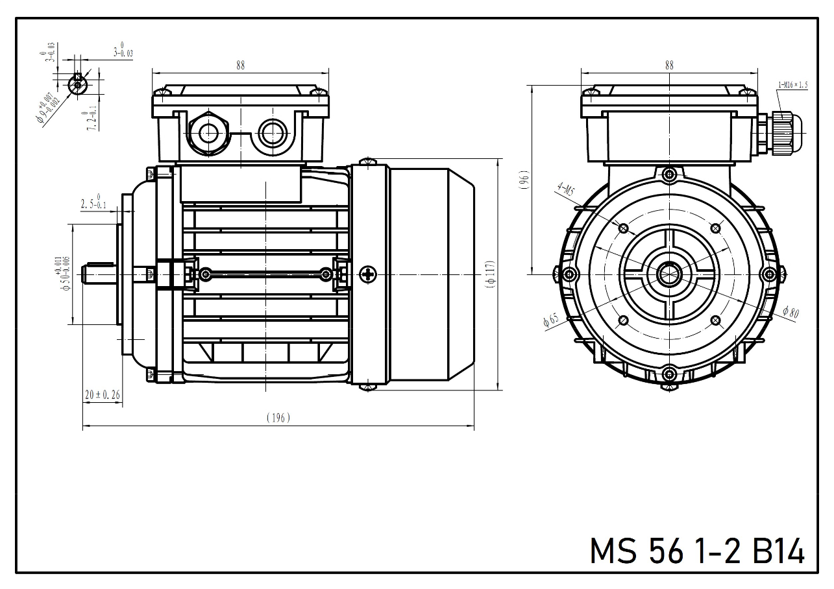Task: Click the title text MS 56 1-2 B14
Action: (696, 551)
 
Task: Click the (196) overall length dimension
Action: (278, 418)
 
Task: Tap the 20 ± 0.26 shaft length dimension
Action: (103, 394)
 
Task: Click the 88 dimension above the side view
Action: (241, 66)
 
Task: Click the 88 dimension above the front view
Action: (669, 66)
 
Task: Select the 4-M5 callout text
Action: (565, 191)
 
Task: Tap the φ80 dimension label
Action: (791, 312)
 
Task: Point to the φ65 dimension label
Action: (550, 320)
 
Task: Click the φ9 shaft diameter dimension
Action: (51, 108)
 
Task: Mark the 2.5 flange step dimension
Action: (93, 204)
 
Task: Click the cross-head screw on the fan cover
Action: (369, 274)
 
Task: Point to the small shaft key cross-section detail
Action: (77, 84)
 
